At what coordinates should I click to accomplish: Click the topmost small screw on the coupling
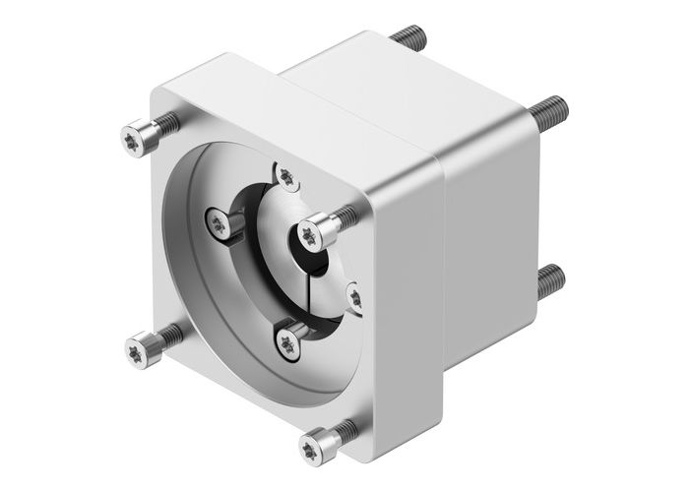(x=285, y=176)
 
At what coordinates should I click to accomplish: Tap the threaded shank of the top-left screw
(x=168, y=123)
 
